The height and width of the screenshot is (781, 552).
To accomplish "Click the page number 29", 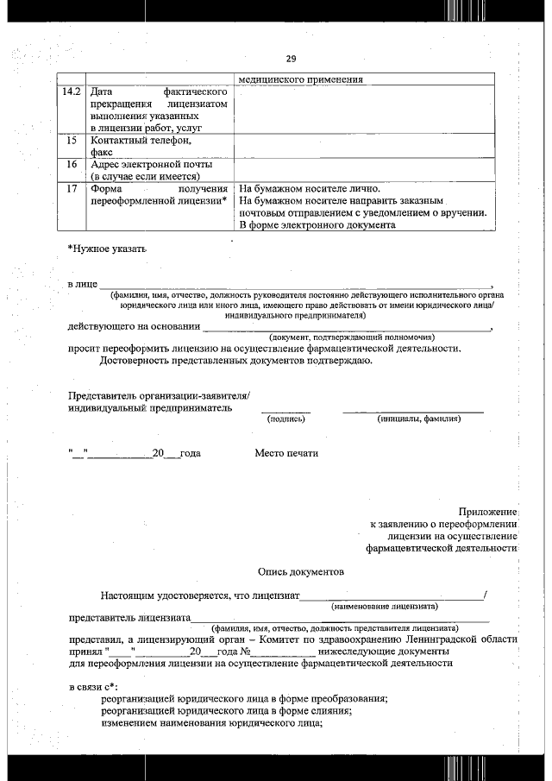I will click(290, 59).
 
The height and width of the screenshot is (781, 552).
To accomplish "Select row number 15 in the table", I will click(72, 140).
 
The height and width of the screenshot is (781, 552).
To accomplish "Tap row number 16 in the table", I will click(72, 164).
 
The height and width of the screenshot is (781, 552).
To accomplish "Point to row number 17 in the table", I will click(72, 188).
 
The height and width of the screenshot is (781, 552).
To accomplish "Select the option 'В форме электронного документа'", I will click(317, 225).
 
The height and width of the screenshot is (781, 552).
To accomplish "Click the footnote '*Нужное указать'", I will click(107, 249).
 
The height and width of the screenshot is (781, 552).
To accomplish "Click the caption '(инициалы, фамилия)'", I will click(418, 419).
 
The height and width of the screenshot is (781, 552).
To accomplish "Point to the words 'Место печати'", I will click(286, 453).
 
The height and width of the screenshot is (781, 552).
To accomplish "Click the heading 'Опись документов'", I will click(300, 571).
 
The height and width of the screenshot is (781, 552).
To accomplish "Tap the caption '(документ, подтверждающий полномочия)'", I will click(352, 337).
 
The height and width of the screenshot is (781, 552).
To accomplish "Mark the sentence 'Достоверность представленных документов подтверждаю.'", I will click(235, 361).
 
